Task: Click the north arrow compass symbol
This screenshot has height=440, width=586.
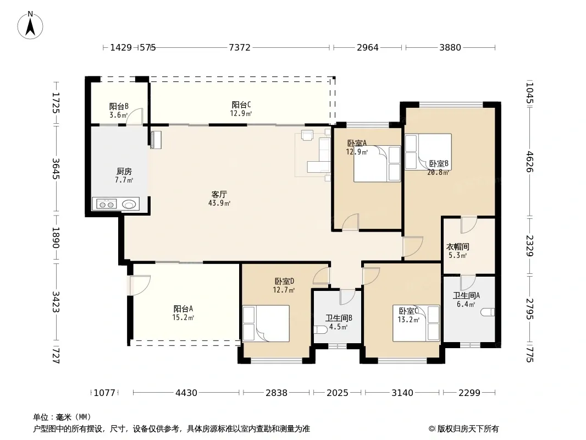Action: pos(30,25)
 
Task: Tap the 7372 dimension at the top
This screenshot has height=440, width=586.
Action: pos(240,47)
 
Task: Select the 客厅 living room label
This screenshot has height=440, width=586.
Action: pos(219,194)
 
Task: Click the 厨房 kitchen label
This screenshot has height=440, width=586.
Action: pos(124,171)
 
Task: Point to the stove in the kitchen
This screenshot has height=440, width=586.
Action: pos(106,204)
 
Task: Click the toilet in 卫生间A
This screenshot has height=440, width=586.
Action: pos(489,312)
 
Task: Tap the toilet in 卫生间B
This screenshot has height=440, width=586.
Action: pos(319,330)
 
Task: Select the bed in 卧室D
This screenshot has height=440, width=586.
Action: pos(266,323)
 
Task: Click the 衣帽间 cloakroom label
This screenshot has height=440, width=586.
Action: pos(457,247)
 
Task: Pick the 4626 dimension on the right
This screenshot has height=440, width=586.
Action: pos(529,162)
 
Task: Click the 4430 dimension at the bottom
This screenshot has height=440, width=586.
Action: pos(186,393)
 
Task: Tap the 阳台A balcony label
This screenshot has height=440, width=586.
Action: pos(183,309)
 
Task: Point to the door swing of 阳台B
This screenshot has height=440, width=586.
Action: pos(135,116)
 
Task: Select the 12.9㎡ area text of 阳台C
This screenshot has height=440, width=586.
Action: pos(241,113)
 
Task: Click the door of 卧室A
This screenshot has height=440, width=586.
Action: pos(351,222)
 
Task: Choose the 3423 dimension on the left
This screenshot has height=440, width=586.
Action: pos(56,302)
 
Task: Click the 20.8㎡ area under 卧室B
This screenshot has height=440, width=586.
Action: pos(438,172)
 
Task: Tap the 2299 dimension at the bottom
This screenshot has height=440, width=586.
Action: pos(469,393)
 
